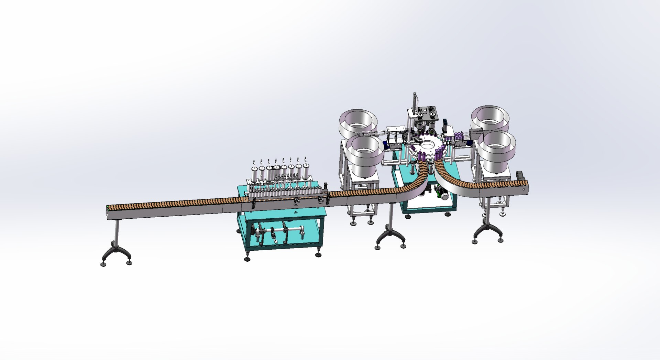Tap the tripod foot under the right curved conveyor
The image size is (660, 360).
point(488,233)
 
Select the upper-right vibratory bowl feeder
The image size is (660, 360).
point(489,119)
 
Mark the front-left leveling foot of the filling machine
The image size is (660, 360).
point(247,259)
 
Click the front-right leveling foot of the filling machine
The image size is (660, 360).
point(318,255)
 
